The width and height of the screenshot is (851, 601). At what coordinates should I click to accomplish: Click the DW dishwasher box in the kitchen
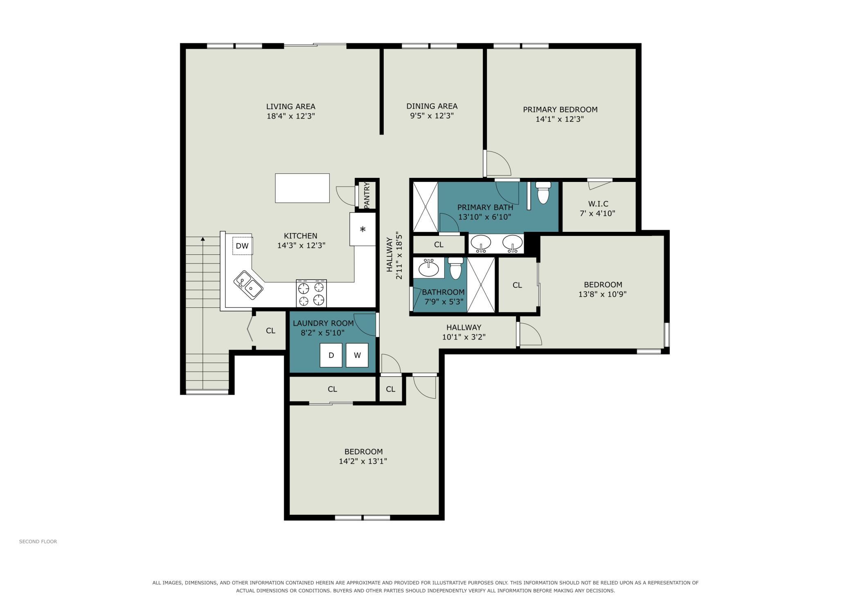[243, 246]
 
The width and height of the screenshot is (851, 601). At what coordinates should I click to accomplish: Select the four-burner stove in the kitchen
[311, 293]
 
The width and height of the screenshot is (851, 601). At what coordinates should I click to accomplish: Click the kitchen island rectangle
[302, 188]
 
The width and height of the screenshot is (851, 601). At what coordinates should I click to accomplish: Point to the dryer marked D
[331, 355]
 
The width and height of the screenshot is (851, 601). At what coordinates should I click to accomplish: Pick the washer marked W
[357, 355]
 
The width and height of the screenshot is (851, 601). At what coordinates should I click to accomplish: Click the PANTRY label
[367, 194]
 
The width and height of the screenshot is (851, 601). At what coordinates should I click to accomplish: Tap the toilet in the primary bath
[543, 193]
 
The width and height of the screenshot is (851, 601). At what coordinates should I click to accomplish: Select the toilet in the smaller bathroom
[455, 268]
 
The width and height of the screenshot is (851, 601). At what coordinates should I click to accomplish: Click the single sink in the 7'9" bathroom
[429, 268]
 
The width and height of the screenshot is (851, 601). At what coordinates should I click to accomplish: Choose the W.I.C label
[598, 204]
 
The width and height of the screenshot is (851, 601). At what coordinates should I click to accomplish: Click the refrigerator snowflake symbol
[362, 229]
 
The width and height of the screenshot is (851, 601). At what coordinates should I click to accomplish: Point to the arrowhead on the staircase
[203, 239]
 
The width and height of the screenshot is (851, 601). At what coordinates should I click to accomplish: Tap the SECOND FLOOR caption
[38, 541]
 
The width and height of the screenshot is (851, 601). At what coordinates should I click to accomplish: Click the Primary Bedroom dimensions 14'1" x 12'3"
[560, 119]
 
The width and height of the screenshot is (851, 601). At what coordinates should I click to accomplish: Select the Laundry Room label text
[323, 323]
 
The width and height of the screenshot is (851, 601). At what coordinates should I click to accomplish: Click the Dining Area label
[432, 106]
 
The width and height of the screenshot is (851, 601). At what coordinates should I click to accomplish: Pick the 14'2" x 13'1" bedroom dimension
[363, 461]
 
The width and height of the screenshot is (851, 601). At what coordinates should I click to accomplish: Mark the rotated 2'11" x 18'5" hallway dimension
[399, 256]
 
